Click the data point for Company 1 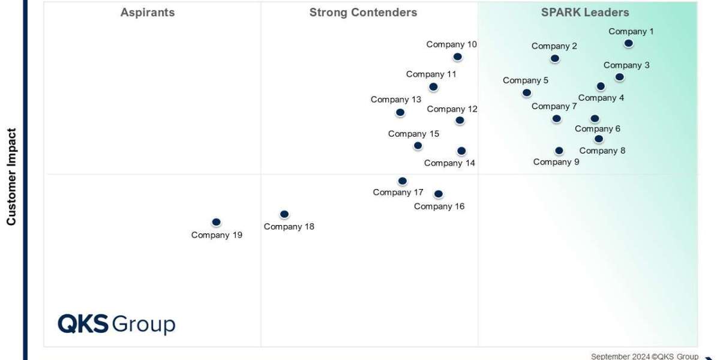pos(628,43)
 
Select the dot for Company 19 pos(216,223)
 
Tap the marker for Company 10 pos(457,57)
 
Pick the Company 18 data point pos(284,214)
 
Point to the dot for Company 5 pos(526,93)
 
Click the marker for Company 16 pos(438,194)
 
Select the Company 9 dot pos(559,151)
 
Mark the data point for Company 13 pos(400,113)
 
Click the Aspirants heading pos(148,13)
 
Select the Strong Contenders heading pos(363,13)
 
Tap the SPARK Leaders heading pos(585,13)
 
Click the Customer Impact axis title pos(11,177)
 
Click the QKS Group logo pos(116,324)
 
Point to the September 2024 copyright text pos(644,356)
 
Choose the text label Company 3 pos(626,65)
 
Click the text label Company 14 pos(449,163)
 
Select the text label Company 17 pos(398,193)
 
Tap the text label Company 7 pos(554,106)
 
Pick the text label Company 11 pos(431,74)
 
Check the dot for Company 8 pos(598,139)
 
